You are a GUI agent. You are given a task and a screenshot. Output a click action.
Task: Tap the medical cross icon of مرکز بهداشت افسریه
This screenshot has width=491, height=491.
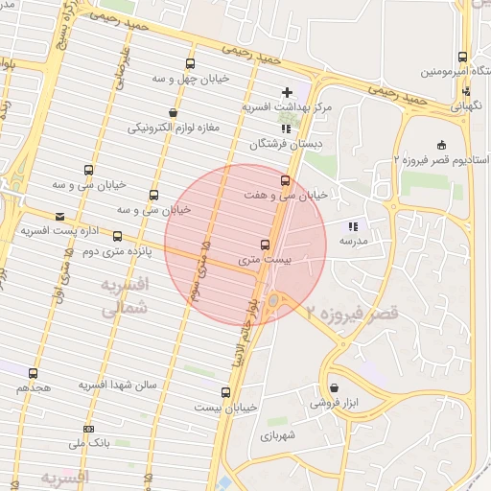(286, 92)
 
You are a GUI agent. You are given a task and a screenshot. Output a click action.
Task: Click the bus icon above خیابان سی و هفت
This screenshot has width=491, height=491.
(285, 179)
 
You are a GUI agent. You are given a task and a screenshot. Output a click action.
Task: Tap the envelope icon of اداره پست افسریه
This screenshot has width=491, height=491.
(60, 217)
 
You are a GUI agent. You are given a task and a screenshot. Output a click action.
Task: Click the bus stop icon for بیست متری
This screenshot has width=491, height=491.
(265, 245)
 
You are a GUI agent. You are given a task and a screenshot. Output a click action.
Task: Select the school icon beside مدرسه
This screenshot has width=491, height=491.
(353, 226)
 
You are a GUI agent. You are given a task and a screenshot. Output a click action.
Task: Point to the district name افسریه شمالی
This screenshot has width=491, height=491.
(123, 298)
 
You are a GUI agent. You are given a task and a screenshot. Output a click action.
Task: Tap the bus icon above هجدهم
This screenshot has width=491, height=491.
(34, 373)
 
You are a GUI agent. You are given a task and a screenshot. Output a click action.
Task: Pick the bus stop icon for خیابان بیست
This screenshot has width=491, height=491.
(225, 392)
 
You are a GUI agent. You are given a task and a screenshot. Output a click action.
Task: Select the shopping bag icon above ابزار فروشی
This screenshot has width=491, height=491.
(334, 388)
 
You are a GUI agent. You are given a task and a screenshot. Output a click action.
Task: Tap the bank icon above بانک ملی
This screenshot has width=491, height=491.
(89, 428)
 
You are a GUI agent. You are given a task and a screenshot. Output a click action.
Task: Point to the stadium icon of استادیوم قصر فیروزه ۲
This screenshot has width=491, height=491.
(440, 145)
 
